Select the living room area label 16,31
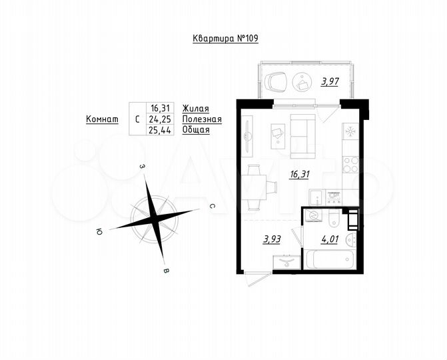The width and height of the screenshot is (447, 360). point(298,175)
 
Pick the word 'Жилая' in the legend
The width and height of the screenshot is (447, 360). point(196,108)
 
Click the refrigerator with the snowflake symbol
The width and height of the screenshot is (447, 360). point(350,131)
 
